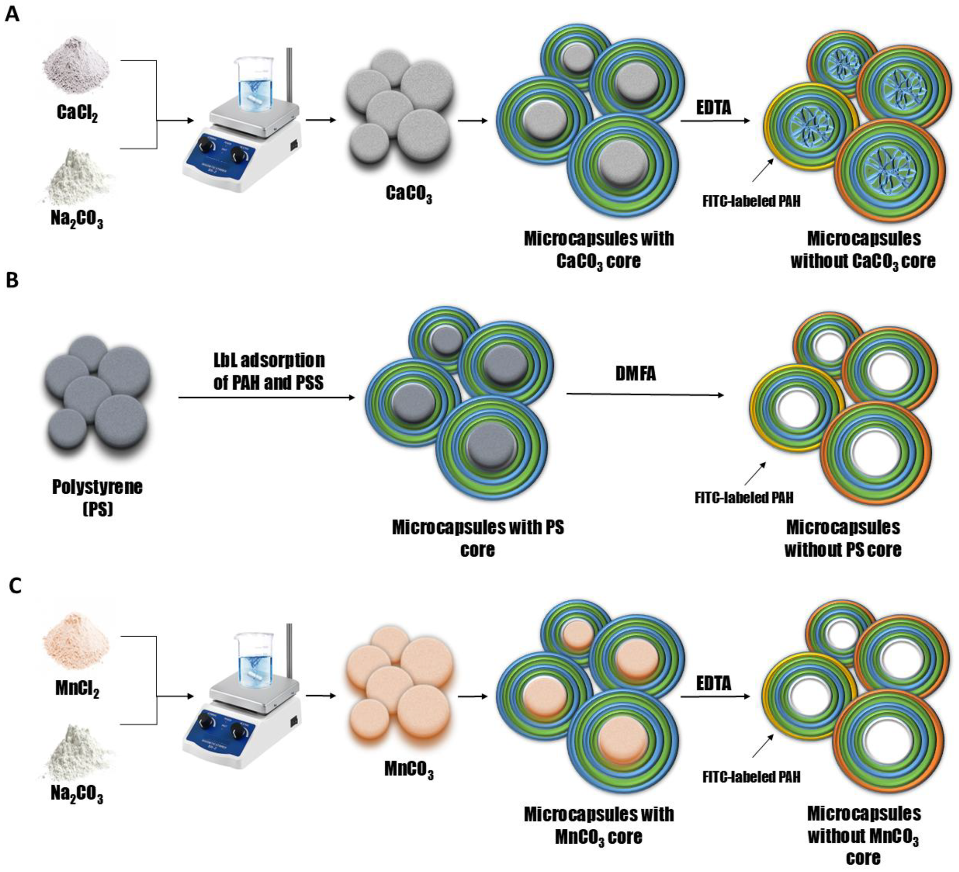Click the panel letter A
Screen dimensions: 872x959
pyautogui.click(x=12, y=14)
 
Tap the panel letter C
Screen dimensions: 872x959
pyautogui.click(x=15, y=586)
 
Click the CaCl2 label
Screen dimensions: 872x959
pyautogui.click(x=77, y=113)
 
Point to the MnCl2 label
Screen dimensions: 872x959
pyautogui.click(x=77, y=689)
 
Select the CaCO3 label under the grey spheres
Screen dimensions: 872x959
pyautogui.click(x=408, y=193)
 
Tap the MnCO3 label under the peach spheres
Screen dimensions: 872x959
pyautogui.click(x=408, y=770)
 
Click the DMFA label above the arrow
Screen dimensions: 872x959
pyautogui.click(x=636, y=374)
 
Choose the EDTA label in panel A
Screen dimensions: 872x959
pyautogui.click(x=714, y=108)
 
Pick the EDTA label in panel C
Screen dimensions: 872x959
pyautogui.click(x=714, y=684)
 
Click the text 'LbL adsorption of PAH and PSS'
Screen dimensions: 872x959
pyautogui.click(x=269, y=371)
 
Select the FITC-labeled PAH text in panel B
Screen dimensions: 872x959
pyautogui.click(x=744, y=498)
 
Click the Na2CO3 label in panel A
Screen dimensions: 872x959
pyautogui.click(x=77, y=219)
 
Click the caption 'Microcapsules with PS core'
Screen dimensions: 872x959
pyautogui.click(x=478, y=538)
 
